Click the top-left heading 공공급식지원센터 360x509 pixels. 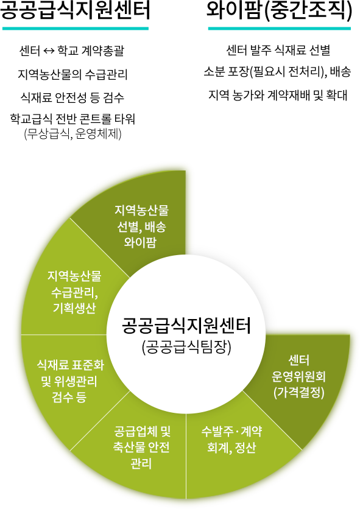pos(75,10)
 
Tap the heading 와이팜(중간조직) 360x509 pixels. pos(280,11)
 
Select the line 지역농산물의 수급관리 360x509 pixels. pos(72,74)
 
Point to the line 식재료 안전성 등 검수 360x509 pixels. pos(72,97)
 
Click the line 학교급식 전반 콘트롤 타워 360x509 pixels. pos(72,119)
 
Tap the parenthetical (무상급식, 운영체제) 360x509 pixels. pos(72,134)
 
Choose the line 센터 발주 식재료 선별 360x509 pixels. pos(278,50)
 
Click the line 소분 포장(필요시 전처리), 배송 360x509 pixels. pos(277,71)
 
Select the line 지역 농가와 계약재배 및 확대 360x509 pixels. pos(278,95)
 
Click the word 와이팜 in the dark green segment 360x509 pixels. pos(140,242)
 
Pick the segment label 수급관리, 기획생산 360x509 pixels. pos(74,300)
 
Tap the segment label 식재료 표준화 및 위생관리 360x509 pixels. pos(70,373)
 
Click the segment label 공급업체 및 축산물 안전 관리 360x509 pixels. pos(142,448)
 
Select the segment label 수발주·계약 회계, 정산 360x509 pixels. pos(231,440)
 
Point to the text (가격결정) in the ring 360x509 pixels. pos(299,392)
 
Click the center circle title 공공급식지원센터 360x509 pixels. pos(186,326)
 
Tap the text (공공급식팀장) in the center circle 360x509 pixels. pos(186,347)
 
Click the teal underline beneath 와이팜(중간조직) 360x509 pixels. pos(280,29)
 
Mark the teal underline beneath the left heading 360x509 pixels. pos(76,29)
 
